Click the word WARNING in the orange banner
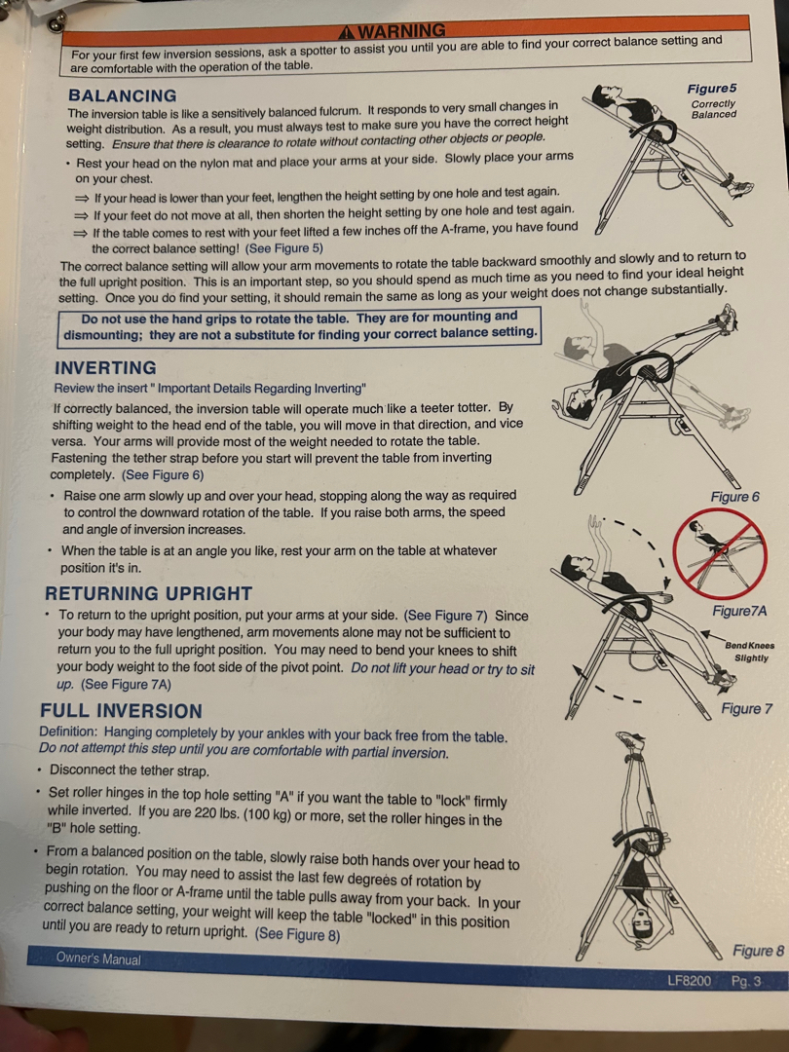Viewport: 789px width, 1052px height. [401, 31]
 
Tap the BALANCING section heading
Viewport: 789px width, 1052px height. [123, 95]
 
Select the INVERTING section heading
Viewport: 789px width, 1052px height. [105, 367]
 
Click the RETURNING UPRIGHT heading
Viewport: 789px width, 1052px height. [148, 593]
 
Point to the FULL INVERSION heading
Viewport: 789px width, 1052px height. [121, 710]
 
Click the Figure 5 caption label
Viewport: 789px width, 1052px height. [712, 89]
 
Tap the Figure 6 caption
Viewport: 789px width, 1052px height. [735, 497]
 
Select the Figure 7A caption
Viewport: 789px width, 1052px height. [739, 611]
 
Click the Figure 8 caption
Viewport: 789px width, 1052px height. [758, 951]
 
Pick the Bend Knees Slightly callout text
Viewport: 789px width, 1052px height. [750, 652]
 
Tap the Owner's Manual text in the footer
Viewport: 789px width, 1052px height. [98, 958]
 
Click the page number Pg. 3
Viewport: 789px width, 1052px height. [746, 981]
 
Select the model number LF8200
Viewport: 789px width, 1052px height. [689, 981]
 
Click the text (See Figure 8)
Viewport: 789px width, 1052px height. [297, 934]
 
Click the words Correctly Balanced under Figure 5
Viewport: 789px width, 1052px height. [714, 109]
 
